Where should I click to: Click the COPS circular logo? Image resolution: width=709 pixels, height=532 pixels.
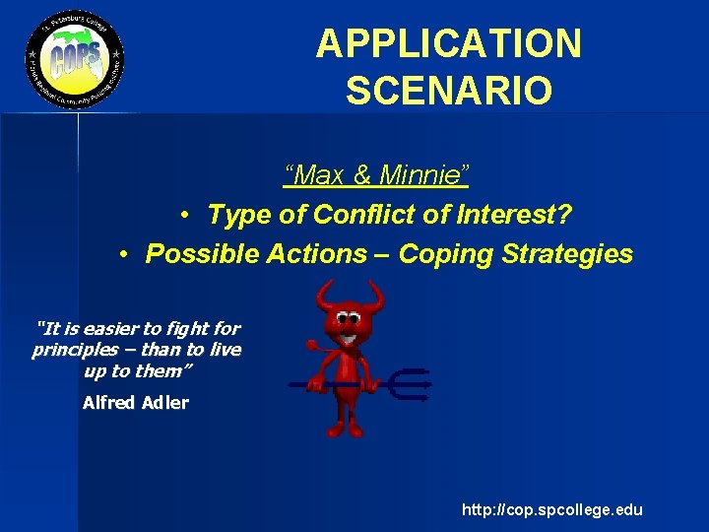coord(74,62)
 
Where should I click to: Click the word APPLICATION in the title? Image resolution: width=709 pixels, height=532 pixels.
coord(448,44)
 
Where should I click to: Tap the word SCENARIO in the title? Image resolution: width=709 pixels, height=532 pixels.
coord(448,91)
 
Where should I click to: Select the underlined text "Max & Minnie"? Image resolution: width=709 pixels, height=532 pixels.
coord(376,176)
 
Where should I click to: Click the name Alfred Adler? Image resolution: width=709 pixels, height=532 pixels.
coord(136,402)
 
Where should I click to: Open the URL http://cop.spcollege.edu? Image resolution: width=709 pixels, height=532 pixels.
coord(551,509)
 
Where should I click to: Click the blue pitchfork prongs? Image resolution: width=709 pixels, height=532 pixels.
coord(409,384)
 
